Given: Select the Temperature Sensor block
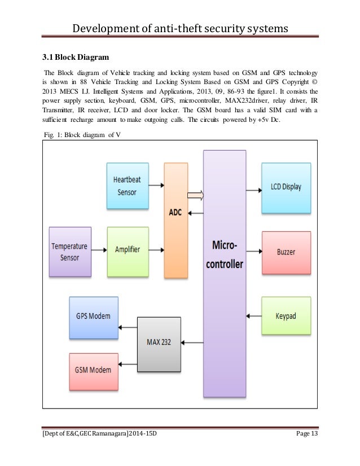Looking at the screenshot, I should click(70, 252).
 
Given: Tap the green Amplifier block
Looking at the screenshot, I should click(128, 249).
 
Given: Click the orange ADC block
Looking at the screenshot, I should click(175, 220).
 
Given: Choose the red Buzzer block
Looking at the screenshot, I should click(286, 252).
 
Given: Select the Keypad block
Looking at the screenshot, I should click(286, 316).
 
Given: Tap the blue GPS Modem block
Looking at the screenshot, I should click(93, 315).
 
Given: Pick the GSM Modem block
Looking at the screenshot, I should click(93, 370).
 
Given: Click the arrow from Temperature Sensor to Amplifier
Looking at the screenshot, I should click(99, 249).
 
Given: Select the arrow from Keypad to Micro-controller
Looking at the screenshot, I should click(253, 316).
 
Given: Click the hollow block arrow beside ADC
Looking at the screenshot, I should click(195, 196).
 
